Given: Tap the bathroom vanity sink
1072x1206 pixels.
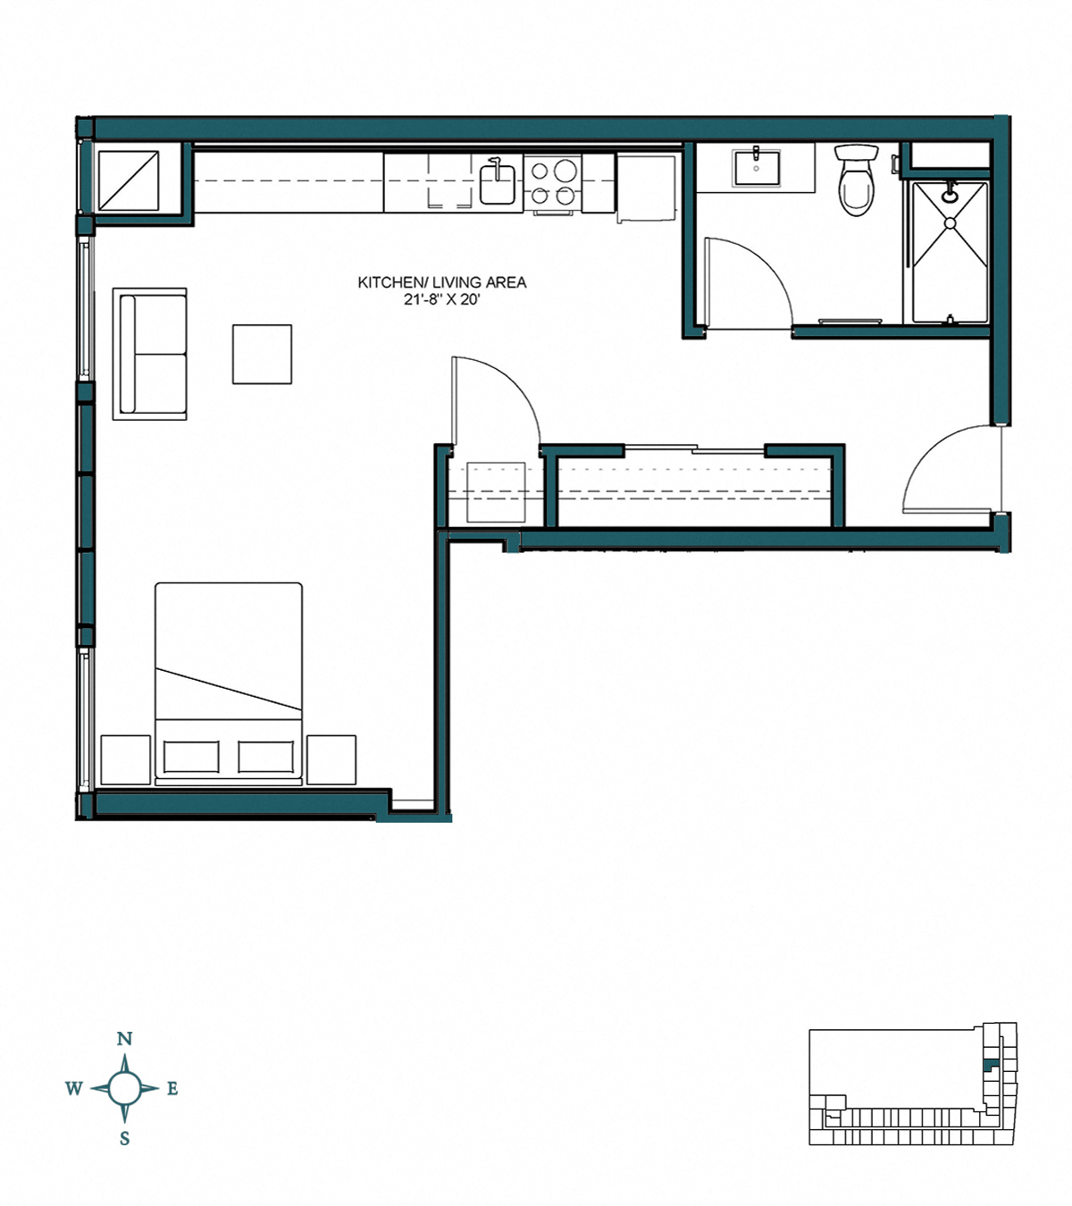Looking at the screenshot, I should coord(756,166).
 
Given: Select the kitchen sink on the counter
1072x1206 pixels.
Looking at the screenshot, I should coord(498,183).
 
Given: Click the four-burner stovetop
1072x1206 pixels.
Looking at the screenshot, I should coord(553,182).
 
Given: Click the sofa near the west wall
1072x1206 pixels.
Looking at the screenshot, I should coord(150,354).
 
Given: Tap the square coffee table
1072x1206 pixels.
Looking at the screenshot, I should coord(262,354).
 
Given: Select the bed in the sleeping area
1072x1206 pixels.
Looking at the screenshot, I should coord(229,683).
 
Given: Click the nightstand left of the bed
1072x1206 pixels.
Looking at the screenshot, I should coord(126,759).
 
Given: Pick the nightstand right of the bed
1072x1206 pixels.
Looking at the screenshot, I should coord(331,759).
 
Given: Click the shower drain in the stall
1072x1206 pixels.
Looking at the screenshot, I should coord(950,223).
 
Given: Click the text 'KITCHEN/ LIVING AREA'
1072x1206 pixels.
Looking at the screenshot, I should coord(442,282).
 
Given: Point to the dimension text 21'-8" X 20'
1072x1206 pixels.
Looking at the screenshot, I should coord(442,300).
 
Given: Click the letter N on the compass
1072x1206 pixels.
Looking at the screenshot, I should coord(125,1039).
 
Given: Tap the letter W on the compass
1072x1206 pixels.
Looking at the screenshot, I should coord(74,1088).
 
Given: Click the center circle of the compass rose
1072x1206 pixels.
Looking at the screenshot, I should coord(125,1088).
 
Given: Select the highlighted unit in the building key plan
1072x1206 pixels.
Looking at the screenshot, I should coord(988,1066).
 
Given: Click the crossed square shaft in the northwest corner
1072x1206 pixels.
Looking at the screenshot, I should coord(128,181).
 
